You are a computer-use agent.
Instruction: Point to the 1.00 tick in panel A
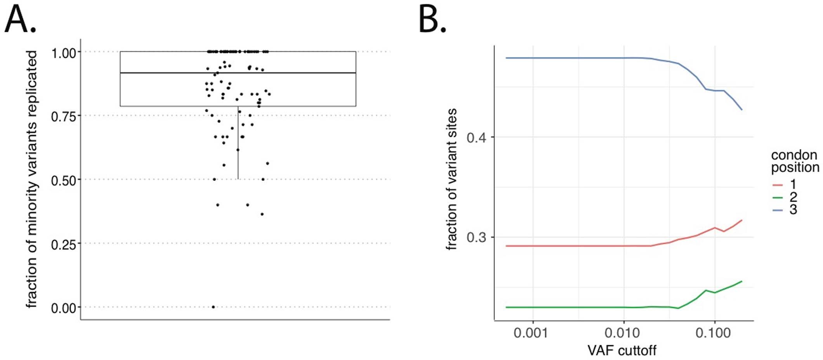point(64,53)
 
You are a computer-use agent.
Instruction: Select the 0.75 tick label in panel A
point(64,117)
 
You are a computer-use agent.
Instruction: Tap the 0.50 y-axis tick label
point(64,181)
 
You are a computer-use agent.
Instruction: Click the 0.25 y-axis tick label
point(64,244)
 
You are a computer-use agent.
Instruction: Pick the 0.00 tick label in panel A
point(64,308)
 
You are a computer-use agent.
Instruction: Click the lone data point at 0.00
point(213,307)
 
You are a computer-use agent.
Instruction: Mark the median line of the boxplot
point(238,73)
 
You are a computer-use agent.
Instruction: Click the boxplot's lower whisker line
point(238,144)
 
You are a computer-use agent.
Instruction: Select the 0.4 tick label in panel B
point(476,138)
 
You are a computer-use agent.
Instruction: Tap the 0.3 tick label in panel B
point(476,238)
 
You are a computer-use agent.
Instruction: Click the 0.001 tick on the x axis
point(530,333)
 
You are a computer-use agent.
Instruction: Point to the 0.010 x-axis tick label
point(622,333)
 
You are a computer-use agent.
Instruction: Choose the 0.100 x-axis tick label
point(713,333)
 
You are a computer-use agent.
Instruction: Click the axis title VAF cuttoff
point(622,350)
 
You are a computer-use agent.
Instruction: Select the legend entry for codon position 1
point(784,184)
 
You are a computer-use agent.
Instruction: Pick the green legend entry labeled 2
point(784,197)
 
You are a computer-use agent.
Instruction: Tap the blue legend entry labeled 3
point(784,210)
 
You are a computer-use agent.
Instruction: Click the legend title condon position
point(794,161)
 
